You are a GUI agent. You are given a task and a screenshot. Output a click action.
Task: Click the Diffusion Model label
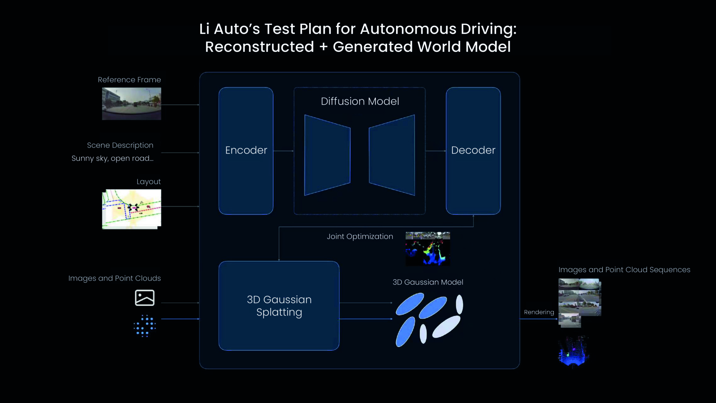(x=360, y=101)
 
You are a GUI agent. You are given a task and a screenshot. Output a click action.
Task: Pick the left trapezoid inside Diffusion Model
(x=327, y=155)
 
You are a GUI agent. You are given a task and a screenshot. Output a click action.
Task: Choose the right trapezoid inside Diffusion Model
(x=392, y=155)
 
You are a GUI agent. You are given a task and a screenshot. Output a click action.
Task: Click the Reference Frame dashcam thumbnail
(x=131, y=104)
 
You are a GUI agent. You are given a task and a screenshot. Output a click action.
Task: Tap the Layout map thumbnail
(x=131, y=209)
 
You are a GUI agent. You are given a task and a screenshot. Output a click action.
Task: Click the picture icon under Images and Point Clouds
(x=144, y=298)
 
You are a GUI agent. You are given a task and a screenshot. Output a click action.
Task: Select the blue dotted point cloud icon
(x=144, y=326)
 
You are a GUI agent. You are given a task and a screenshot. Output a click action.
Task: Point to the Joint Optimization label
(x=360, y=236)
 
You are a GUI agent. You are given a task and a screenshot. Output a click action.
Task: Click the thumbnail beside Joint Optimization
(x=428, y=248)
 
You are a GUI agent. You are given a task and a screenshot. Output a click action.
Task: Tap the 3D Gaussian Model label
(x=428, y=282)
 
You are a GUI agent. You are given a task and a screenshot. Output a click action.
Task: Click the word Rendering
(x=539, y=312)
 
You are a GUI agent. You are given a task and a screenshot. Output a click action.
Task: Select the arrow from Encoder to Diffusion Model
(x=283, y=151)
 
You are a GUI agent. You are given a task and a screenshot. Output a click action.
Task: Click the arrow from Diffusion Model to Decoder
(x=436, y=151)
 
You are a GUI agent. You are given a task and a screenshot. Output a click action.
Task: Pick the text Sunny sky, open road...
(x=112, y=158)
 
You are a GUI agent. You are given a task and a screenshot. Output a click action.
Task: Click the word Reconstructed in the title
(x=259, y=47)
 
